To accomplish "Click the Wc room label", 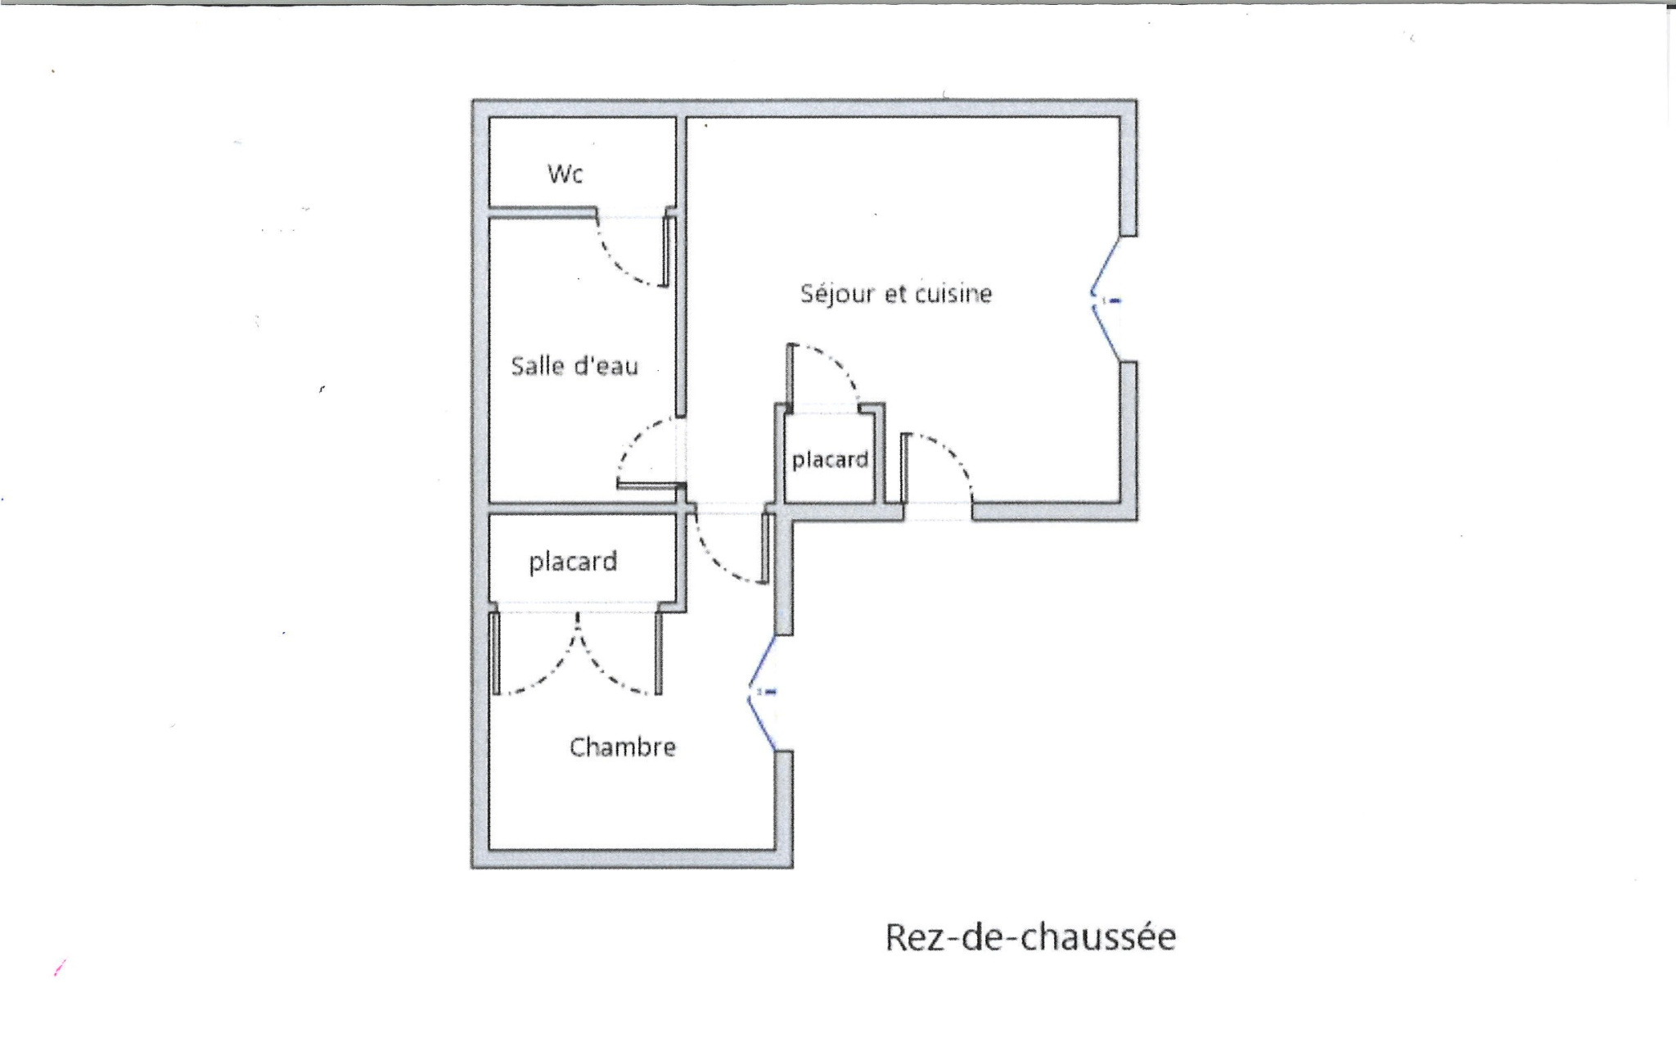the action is coord(565,174).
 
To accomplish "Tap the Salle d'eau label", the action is coord(574,365).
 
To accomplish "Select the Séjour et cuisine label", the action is coord(896,293).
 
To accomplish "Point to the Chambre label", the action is coord(623,747).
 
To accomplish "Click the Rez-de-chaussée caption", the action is coord(1030,936).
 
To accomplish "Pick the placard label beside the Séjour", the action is coord(830,460).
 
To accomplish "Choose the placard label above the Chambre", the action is coord(573,562).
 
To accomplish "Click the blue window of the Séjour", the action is coord(1106,300).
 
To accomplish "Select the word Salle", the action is coord(536,365).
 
